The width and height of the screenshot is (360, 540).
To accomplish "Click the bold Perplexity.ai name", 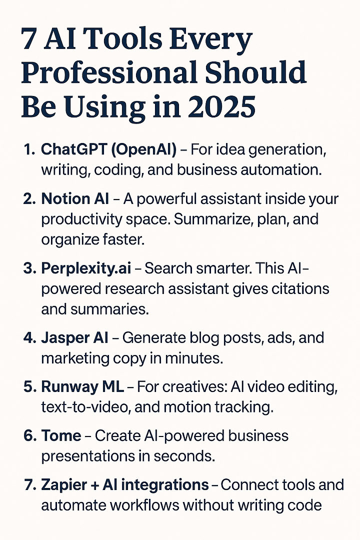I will tap(86, 268).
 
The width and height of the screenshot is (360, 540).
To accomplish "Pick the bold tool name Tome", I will tap(61, 435).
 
